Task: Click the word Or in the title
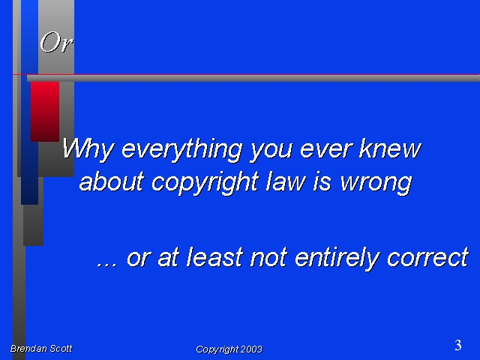point(56,42)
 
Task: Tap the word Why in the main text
point(88,149)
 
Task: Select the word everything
point(181,149)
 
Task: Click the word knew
point(390,148)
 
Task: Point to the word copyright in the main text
point(205,182)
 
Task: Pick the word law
point(286,181)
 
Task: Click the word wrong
point(376,184)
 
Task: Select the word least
point(215,256)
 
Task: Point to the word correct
point(427,258)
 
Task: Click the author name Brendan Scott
point(41,348)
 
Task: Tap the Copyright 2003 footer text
point(229,349)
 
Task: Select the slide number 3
point(458,345)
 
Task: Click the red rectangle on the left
point(45,112)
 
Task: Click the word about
point(112,181)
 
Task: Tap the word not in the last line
point(268,258)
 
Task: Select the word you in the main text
point(271,151)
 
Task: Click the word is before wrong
point(322,181)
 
